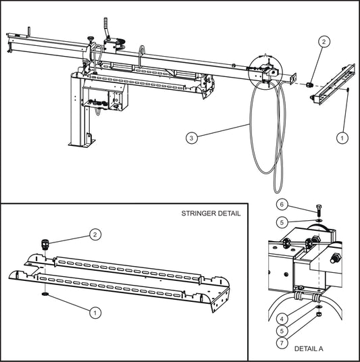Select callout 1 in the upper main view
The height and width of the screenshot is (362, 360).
(342, 136)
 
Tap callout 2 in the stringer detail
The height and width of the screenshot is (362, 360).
(95, 235)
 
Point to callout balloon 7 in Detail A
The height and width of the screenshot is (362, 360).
(281, 343)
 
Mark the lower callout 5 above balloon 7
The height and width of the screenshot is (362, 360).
(281, 331)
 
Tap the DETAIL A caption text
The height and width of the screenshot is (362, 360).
(309, 348)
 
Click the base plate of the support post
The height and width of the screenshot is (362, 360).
(80, 143)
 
